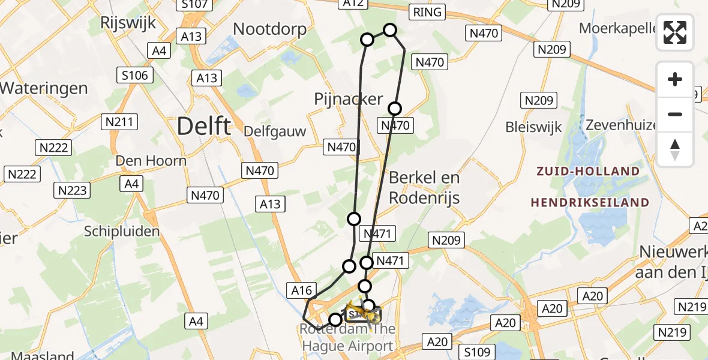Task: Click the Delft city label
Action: click(x=204, y=127)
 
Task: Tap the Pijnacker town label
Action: click(x=348, y=99)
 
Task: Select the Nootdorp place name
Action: click(x=269, y=29)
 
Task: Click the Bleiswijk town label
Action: click(x=533, y=127)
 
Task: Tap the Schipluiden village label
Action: click(x=122, y=232)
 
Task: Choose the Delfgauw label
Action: click(x=275, y=131)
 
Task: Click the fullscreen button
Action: click(x=675, y=32)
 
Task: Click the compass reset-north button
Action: click(x=675, y=149)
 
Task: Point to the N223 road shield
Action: click(x=73, y=191)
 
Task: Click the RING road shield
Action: click(x=427, y=12)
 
